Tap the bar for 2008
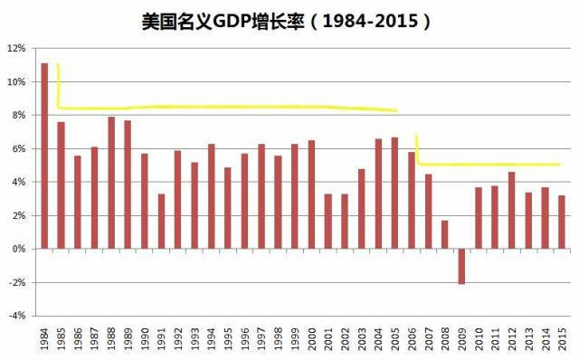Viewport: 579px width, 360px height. [x=445, y=234]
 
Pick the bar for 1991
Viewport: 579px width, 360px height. [x=161, y=221]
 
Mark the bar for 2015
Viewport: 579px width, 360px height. [x=562, y=222]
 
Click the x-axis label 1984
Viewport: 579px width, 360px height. [x=44, y=341]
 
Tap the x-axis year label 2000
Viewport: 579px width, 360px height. [x=311, y=341]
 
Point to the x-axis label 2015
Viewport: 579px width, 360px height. [x=562, y=341]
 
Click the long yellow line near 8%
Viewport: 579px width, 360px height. [x=226, y=108]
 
